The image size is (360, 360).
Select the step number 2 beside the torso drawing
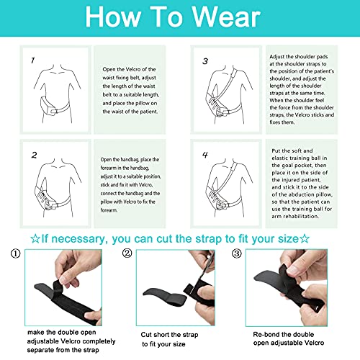(34, 154)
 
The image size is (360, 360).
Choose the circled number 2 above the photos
(127, 253)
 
